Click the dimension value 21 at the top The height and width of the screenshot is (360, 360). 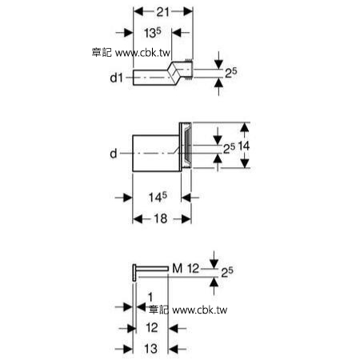click(x=162, y=12)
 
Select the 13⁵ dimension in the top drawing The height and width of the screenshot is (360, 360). click(x=153, y=33)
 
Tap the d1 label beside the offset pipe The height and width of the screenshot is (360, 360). click(x=117, y=78)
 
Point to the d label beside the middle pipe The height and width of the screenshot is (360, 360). click(x=114, y=154)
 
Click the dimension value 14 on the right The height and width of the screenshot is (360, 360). click(x=244, y=146)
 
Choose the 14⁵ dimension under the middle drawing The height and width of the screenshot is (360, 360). click(x=158, y=198)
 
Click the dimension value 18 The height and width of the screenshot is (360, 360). click(x=161, y=218)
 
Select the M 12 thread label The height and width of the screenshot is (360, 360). click(x=186, y=268)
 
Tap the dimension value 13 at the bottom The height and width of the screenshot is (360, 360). click(x=150, y=349)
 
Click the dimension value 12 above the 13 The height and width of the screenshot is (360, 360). click(x=152, y=328)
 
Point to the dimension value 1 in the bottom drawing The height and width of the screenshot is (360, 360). click(x=150, y=297)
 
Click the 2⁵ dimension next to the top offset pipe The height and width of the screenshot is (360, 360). click(x=231, y=73)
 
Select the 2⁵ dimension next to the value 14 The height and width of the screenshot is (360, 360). click(x=229, y=149)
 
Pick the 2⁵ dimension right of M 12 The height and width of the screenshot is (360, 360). click(x=227, y=272)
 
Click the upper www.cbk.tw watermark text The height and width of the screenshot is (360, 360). click(x=142, y=53)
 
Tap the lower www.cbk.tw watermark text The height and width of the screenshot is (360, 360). click(x=200, y=310)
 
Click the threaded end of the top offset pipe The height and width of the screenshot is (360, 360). click(x=189, y=68)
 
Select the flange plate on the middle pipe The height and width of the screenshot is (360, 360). click(x=186, y=146)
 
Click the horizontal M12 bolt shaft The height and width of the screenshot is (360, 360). click(x=152, y=269)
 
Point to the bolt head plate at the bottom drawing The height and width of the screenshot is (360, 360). click(x=134, y=273)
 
